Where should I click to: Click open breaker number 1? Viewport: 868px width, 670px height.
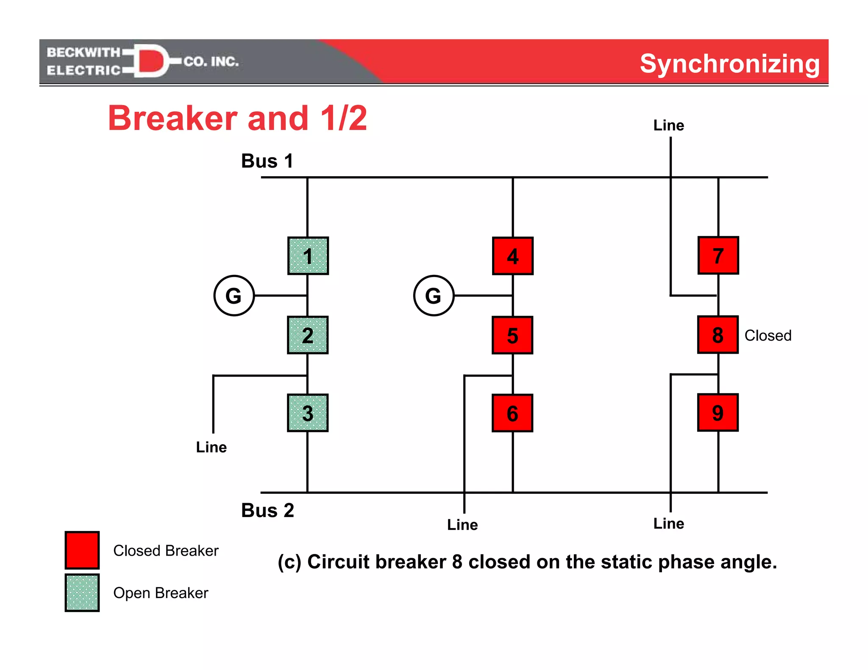tap(308, 256)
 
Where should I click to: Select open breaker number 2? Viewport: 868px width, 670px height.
tap(308, 335)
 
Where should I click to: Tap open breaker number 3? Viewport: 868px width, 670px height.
tap(308, 413)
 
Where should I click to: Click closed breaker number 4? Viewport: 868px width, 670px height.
tap(513, 256)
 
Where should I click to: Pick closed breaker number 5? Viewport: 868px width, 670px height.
tap(512, 335)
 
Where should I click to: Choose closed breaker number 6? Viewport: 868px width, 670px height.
tap(512, 413)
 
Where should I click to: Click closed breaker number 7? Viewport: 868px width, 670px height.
tap(718, 255)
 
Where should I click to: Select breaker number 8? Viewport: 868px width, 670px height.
tap(718, 335)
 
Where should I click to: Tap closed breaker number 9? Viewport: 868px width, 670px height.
tap(718, 413)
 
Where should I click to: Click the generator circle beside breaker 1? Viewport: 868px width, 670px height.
tap(234, 296)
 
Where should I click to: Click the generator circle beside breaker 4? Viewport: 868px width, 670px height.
tap(434, 296)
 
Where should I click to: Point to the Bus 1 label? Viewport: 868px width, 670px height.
tap(267, 161)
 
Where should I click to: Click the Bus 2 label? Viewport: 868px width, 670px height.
tap(267, 510)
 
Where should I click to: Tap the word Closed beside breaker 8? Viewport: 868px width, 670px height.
tap(768, 335)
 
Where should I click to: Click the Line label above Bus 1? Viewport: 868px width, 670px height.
tap(668, 125)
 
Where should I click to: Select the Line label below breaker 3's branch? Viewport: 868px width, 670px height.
tap(211, 447)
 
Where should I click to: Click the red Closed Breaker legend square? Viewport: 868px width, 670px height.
tap(82, 550)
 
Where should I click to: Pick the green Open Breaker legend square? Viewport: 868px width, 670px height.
tap(82, 592)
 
